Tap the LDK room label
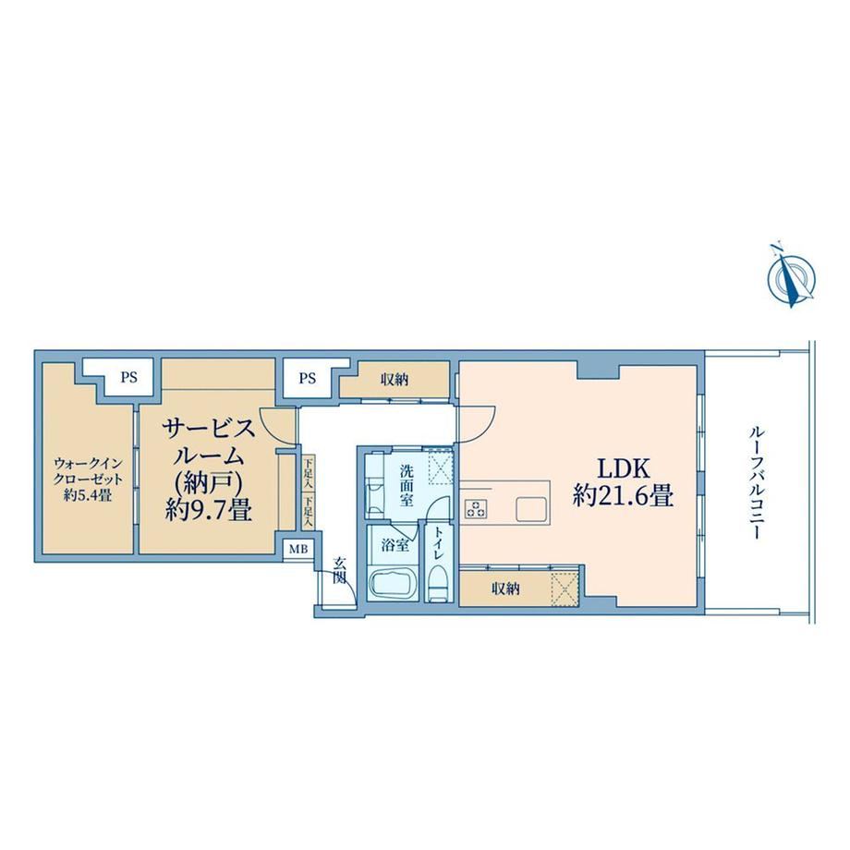(623, 468)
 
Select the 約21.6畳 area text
(623, 496)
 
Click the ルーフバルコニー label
(756, 482)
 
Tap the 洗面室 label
(407, 485)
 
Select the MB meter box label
(297, 549)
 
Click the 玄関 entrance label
(339, 570)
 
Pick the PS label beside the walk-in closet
(129, 378)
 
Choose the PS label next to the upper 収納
(308, 378)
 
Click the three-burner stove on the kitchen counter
(476, 508)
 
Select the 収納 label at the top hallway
(395, 380)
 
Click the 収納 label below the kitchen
(505, 589)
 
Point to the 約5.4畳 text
(88, 495)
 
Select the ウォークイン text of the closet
(89, 465)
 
